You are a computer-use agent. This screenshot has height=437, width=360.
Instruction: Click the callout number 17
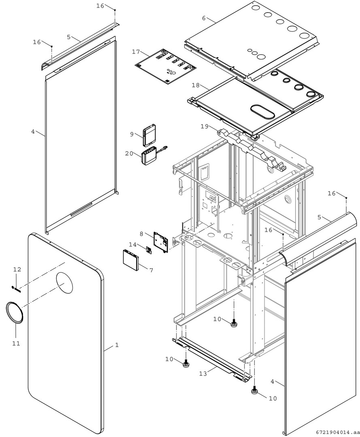click(x=136, y=52)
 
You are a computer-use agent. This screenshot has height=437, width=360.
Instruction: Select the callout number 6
click(x=204, y=18)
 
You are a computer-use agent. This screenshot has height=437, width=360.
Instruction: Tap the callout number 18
click(x=196, y=85)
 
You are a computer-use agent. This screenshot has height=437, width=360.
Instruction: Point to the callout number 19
click(x=204, y=127)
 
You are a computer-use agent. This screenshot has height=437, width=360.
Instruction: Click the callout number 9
click(x=132, y=134)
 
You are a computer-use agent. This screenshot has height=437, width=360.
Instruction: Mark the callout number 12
click(x=17, y=269)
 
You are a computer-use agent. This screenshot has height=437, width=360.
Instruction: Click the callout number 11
click(x=16, y=343)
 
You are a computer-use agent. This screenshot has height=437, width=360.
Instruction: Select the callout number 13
click(x=203, y=373)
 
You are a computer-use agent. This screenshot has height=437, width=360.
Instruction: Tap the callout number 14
click(x=133, y=244)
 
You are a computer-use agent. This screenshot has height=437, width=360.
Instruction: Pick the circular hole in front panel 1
click(x=65, y=282)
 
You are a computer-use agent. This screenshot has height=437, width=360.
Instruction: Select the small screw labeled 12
click(x=15, y=288)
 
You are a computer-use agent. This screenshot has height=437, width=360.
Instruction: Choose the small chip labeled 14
click(x=148, y=250)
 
